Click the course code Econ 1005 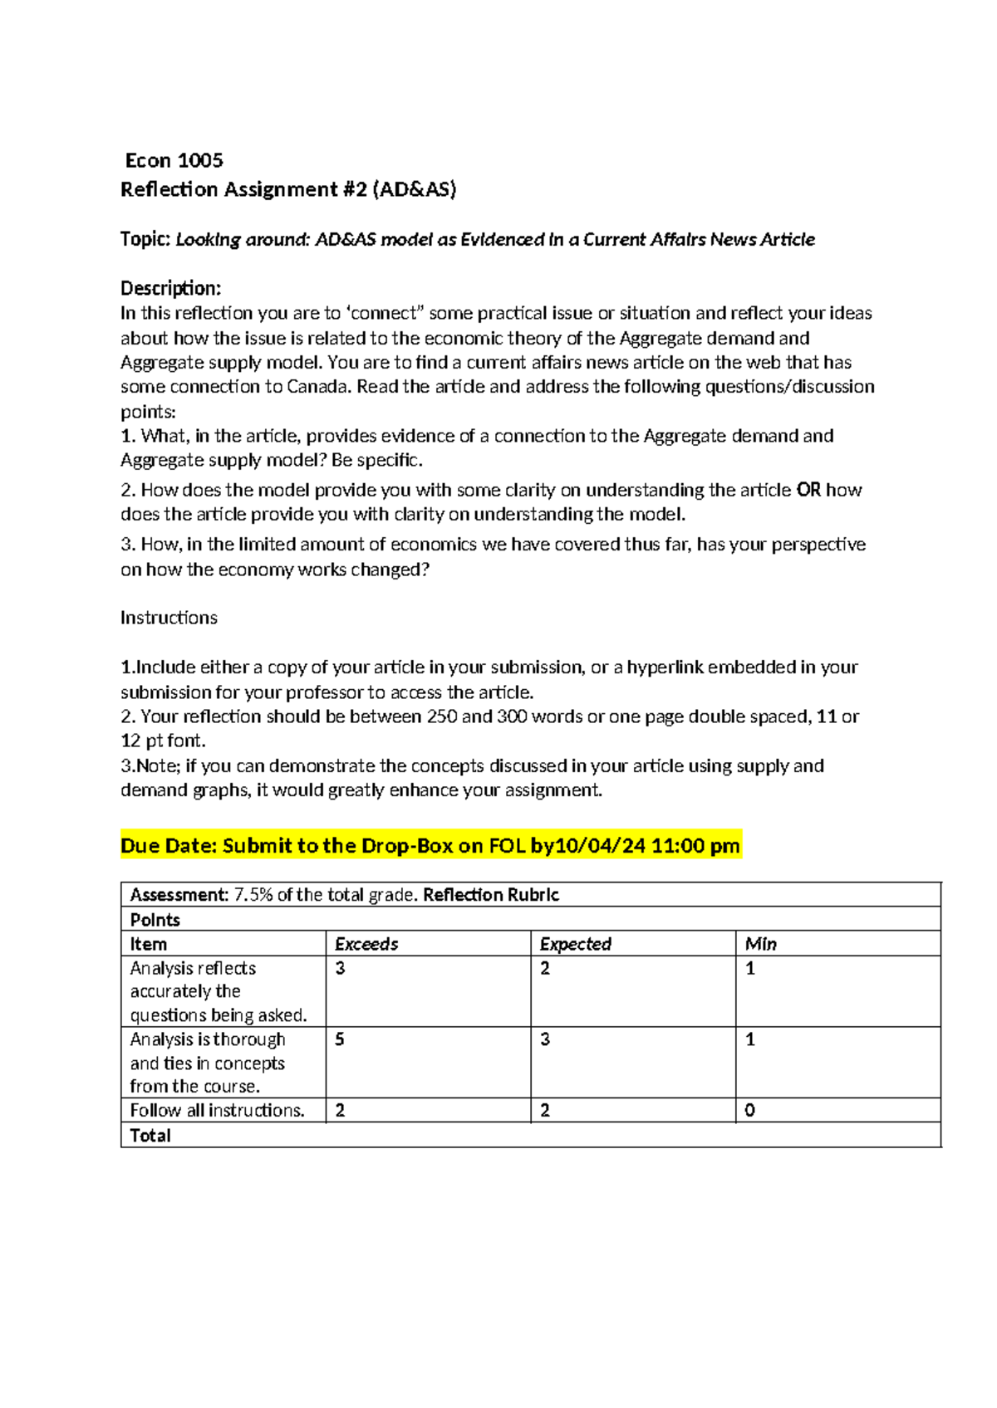click(174, 160)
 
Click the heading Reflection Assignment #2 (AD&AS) click(288, 189)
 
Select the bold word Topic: click(145, 239)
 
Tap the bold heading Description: click(170, 288)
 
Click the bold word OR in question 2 click(808, 490)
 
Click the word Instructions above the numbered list click(169, 618)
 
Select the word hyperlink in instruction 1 click(665, 667)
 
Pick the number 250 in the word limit click(442, 716)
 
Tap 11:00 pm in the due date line click(695, 846)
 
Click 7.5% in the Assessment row click(253, 895)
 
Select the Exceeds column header click(366, 944)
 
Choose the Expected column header click(575, 944)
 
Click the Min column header click(760, 944)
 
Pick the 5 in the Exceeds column click(340, 1039)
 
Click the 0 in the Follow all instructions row click(749, 1111)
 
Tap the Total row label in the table click(150, 1136)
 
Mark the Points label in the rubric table click(155, 920)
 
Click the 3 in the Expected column click(545, 1039)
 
